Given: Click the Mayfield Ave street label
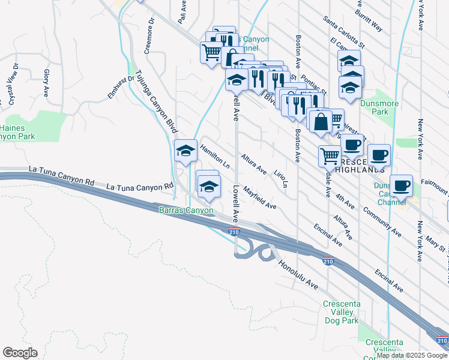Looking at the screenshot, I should (259, 197).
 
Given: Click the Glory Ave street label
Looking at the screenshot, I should (46, 83).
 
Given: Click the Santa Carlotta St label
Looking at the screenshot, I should (343, 31).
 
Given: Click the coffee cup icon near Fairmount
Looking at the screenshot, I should (401, 185).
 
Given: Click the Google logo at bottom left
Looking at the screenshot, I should (20, 353).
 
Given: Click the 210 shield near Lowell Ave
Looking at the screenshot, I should (234, 232).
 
